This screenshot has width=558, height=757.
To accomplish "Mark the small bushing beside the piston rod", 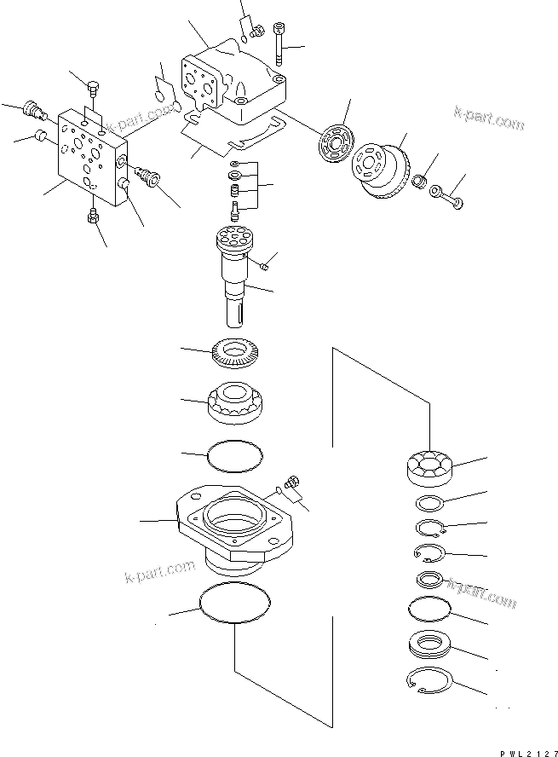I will (x=419, y=182).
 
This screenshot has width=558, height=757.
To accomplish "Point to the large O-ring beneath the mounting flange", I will (x=235, y=607).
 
